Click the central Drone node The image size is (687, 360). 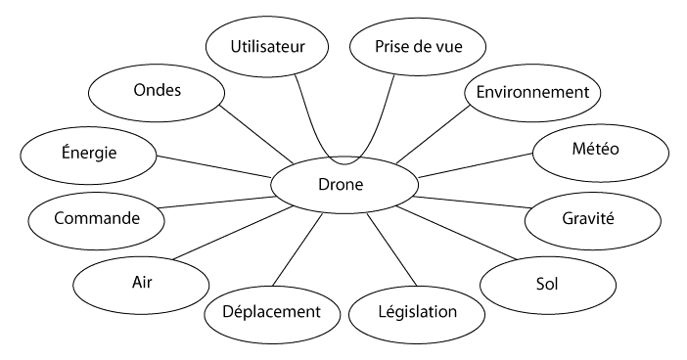[343, 183]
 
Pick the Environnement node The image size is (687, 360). [531, 94]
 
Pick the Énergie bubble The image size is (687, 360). [89, 154]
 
